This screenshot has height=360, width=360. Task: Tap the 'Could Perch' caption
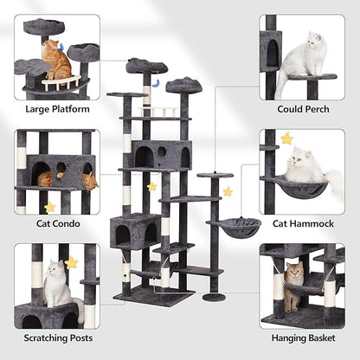pyautogui.click(x=302, y=109)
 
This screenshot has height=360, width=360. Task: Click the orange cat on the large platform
pyautogui.click(x=59, y=61)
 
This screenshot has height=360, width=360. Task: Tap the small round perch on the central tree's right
pyautogui.click(x=209, y=176)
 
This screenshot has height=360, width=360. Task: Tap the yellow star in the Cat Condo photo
pyautogui.click(x=50, y=207)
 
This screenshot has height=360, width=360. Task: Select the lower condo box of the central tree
pyautogui.click(x=135, y=230)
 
